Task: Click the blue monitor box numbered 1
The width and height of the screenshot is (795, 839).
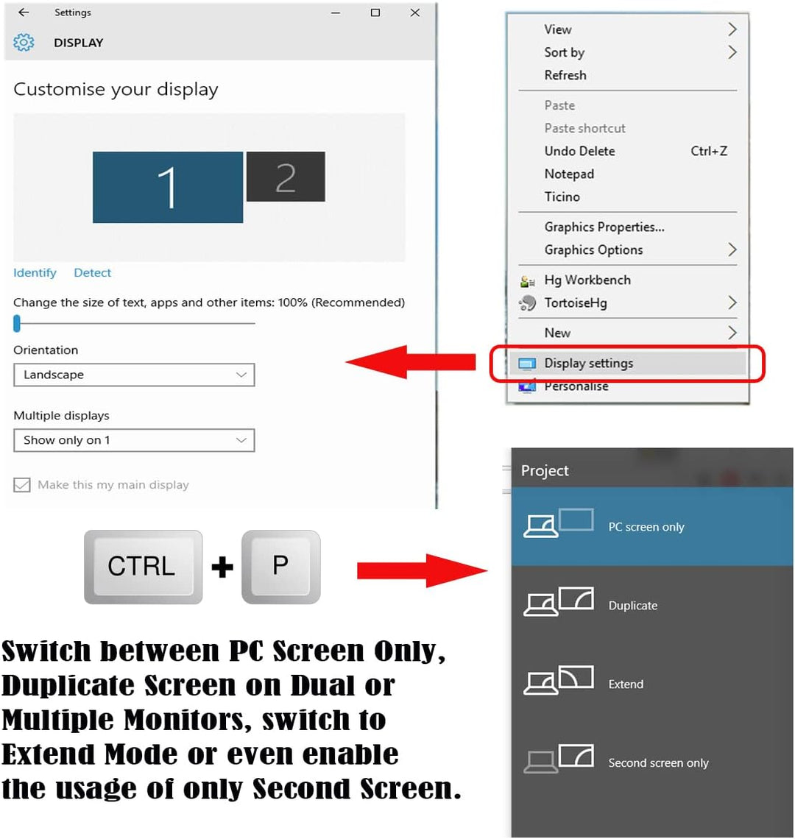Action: point(168,187)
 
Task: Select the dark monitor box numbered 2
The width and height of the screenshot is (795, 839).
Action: point(286,177)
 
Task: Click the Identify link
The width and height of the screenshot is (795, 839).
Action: point(35,273)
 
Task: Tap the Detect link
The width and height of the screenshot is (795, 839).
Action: point(92,273)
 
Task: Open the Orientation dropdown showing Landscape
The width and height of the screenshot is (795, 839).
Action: point(134,375)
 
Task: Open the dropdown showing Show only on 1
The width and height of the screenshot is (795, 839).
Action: point(134,440)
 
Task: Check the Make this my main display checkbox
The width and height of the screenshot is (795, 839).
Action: point(22,485)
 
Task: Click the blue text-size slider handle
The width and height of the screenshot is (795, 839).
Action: point(17,323)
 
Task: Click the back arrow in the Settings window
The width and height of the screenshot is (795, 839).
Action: point(24,13)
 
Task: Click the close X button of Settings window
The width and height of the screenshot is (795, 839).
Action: point(415,13)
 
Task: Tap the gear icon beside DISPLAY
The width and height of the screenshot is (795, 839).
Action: point(24,43)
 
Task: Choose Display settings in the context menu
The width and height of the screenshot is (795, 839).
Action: point(588,364)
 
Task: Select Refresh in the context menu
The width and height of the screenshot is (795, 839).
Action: point(565,75)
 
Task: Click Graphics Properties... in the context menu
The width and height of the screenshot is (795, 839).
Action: point(604,227)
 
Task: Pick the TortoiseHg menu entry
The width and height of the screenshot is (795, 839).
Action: point(576,303)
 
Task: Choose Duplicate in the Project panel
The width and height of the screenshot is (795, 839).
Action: point(632,606)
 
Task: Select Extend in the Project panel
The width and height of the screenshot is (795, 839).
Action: point(626,684)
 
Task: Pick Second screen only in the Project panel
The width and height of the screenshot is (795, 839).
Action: point(658,763)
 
